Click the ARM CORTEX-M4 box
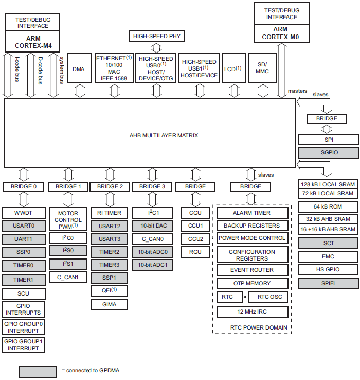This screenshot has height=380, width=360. pyautogui.click(x=33, y=41)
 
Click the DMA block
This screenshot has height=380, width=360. pyautogui.click(x=79, y=68)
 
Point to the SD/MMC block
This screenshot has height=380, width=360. pyautogui.click(x=262, y=68)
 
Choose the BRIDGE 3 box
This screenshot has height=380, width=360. pyautogui.click(x=153, y=186)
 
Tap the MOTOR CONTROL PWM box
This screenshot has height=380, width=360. pyautogui.click(x=68, y=219)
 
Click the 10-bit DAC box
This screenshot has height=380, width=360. pyautogui.click(x=153, y=226)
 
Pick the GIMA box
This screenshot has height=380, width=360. pyautogui.click(x=109, y=304)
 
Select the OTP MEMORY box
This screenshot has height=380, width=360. pyautogui.click(x=251, y=283)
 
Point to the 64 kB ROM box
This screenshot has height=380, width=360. pyautogui.click(x=328, y=206)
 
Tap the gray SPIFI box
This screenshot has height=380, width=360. pyautogui.click(x=328, y=283)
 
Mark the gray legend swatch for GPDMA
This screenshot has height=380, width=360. pyautogui.click(x=38, y=371)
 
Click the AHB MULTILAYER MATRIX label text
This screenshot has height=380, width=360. pyautogui.click(x=164, y=135)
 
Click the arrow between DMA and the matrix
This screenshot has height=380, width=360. pyautogui.click(x=79, y=91)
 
